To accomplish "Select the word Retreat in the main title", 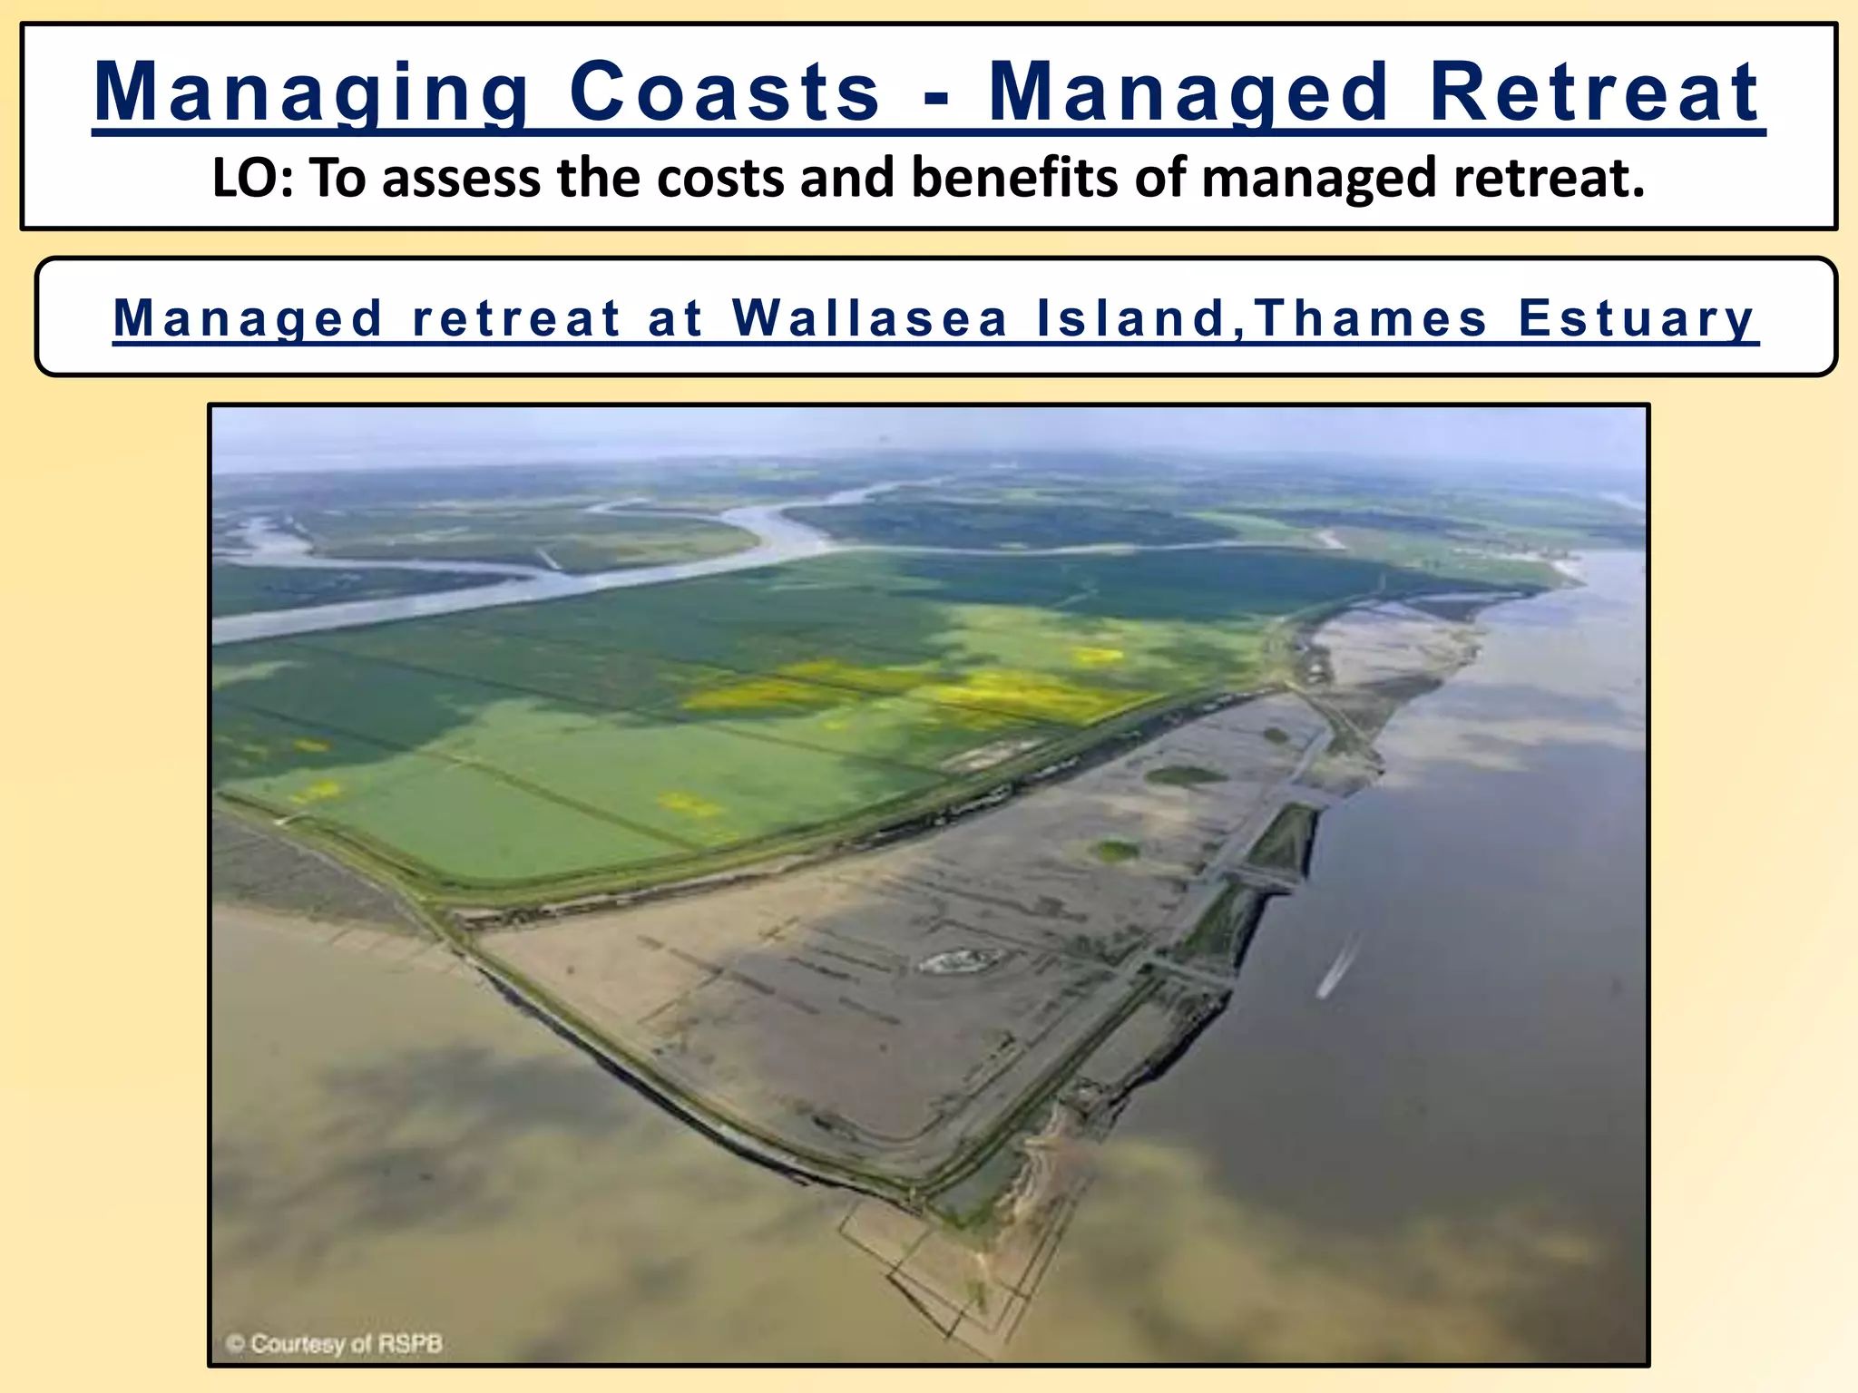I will (1596, 93).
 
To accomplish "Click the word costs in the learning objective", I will (722, 178).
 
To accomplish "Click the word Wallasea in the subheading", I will (870, 318).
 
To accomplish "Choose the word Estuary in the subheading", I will (1638, 318).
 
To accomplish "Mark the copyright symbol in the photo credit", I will (235, 1343).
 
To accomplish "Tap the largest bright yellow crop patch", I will (1016, 694).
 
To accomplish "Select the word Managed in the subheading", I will (248, 318).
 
